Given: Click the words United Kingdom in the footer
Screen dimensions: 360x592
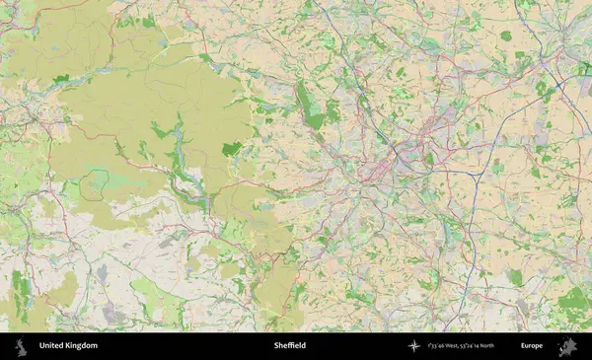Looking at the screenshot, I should tap(68, 346).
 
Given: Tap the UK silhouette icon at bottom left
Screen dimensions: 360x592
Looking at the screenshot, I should tap(19, 346).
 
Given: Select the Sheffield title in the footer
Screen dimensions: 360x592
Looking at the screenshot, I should tap(290, 346).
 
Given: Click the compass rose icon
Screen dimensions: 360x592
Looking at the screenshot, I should tap(413, 346).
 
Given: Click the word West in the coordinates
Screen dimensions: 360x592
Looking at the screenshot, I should tap(459, 346).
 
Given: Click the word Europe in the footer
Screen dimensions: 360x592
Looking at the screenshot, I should tap(532, 346).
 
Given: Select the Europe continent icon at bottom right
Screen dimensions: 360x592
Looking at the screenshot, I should tap(566, 346).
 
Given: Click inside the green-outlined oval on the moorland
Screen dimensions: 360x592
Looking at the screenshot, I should tap(95, 182).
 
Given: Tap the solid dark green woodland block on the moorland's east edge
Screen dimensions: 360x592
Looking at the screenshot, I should tap(232, 149).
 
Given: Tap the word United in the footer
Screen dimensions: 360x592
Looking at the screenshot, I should tap(51, 346).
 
